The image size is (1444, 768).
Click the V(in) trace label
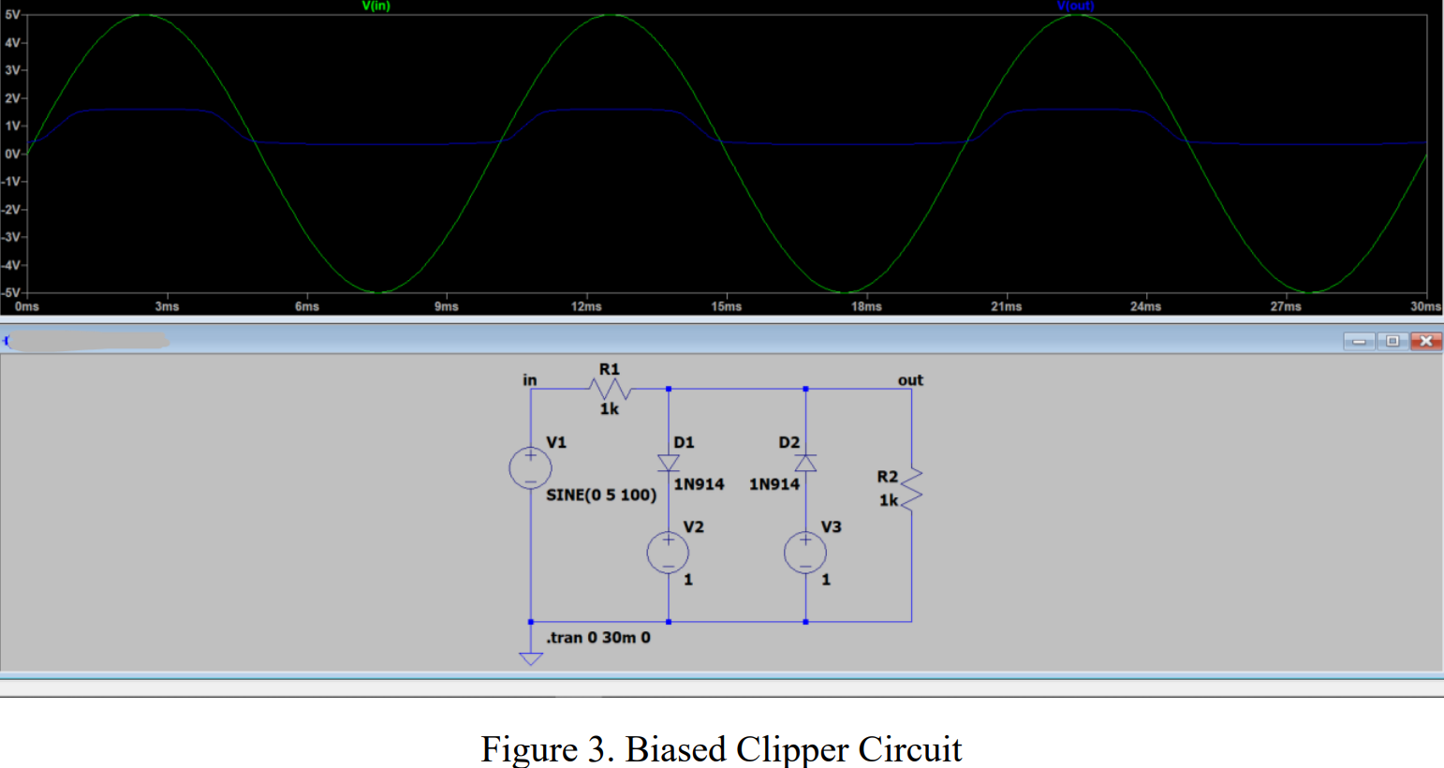tap(376, 6)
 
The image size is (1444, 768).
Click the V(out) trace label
tap(1075, 6)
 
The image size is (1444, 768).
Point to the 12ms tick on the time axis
tap(586, 306)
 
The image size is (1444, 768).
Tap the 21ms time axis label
tap(1006, 306)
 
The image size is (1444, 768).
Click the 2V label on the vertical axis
tap(13, 98)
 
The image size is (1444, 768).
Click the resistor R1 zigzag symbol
tap(610, 389)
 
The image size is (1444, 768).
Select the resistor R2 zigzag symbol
tap(911, 488)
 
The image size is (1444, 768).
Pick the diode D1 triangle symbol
tap(669, 463)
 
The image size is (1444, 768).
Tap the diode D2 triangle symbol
tap(805, 463)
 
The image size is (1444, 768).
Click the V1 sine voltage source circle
tap(530, 467)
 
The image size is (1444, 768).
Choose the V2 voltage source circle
tap(668, 553)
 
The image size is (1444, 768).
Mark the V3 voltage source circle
tap(805, 553)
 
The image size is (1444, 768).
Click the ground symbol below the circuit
tap(531, 658)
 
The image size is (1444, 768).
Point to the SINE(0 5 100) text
tap(601, 495)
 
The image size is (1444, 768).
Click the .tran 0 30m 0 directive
tap(598, 638)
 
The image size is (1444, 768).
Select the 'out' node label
tap(910, 379)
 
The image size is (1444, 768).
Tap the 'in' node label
tap(530, 379)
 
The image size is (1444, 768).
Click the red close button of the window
tap(1425, 341)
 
